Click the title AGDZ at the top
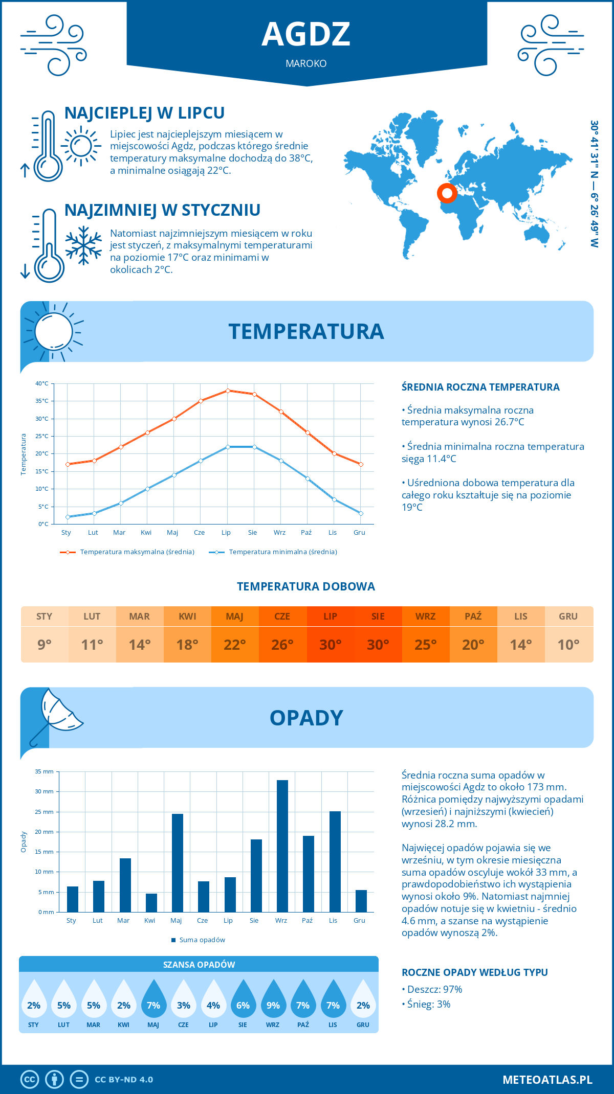(306, 34)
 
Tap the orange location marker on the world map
(447, 193)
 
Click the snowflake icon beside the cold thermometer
(83, 245)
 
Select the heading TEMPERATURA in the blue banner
(306, 331)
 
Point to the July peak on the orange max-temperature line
(228, 391)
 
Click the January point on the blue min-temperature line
(68, 517)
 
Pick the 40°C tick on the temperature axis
(42, 383)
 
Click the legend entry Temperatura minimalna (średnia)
(282, 552)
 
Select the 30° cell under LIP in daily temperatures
(330, 645)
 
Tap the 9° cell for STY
(45, 645)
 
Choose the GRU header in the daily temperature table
(568, 617)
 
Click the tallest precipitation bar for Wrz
(282, 846)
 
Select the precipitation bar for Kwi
(151, 903)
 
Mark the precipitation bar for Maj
(178, 863)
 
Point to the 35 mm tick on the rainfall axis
(45, 771)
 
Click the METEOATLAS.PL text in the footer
(547, 1080)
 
